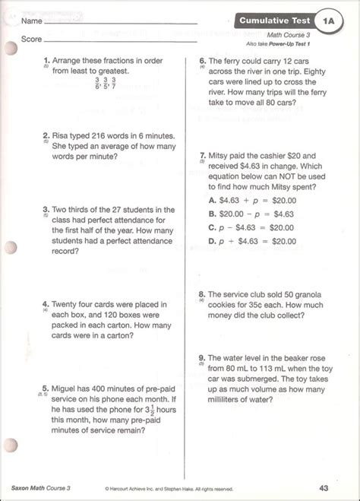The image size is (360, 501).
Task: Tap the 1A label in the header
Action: click(x=327, y=18)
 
